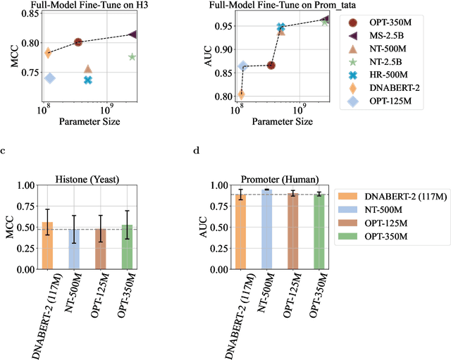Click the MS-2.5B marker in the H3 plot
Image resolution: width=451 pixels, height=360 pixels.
133,35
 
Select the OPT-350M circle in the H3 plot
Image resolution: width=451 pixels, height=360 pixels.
78,42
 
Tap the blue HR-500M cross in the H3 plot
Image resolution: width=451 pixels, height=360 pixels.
88,80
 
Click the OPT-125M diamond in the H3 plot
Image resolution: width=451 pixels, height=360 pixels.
50,77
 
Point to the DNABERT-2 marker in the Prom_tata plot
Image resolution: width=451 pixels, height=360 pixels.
241,94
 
